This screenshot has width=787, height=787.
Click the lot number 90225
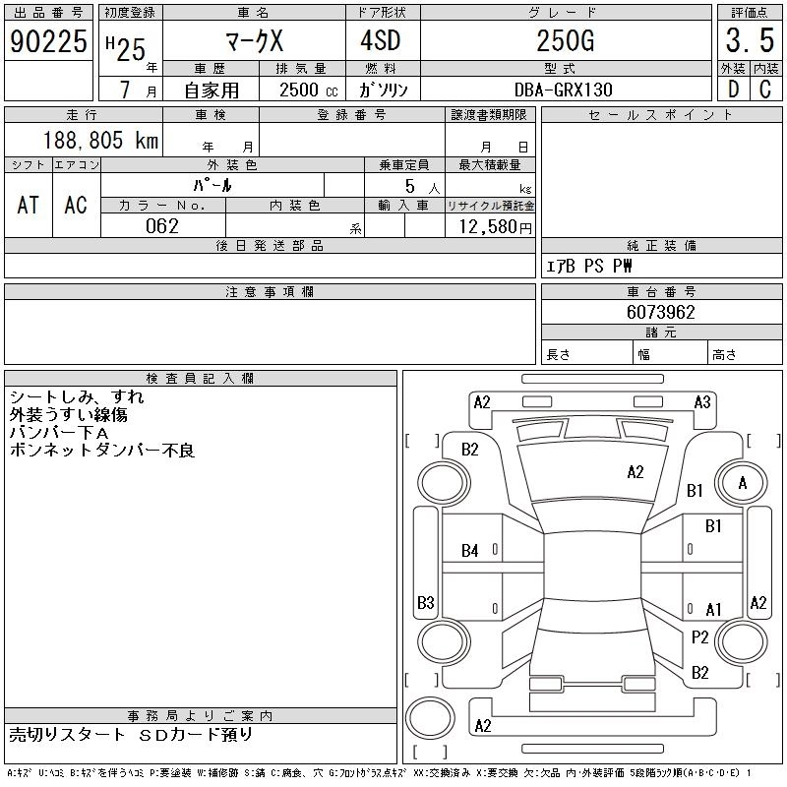pyautogui.click(x=48, y=40)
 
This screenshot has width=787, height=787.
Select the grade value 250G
pyautogui.click(x=564, y=41)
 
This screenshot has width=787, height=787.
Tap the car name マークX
pyautogui.click(x=252, y=41)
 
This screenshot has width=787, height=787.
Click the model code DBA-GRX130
pyautogui.click(x=564, y=90)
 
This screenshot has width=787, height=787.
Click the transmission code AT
pyautogui.click(x=28, y=205)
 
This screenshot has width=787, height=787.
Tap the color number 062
pyautogui.click(x=162, y=226)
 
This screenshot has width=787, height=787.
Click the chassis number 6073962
pyautogui.click(x=661, y=313)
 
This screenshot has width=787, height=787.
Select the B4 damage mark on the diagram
pyautogui.click(x=470, y=551)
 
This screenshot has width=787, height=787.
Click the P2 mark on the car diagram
pyautogui.click(x=700, y=637)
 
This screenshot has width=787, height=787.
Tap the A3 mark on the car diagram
pyautogui.click(x=702, y=401)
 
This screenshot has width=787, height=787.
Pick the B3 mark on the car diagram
pyautogui.click(x=426, y=602)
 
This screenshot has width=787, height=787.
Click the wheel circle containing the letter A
pyautogui.click(x=743, y=483)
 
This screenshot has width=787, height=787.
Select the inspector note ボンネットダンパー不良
pyautogui.click(x=102, y=451)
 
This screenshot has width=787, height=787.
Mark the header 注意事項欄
pyautogui.click(x=270, y=292)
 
